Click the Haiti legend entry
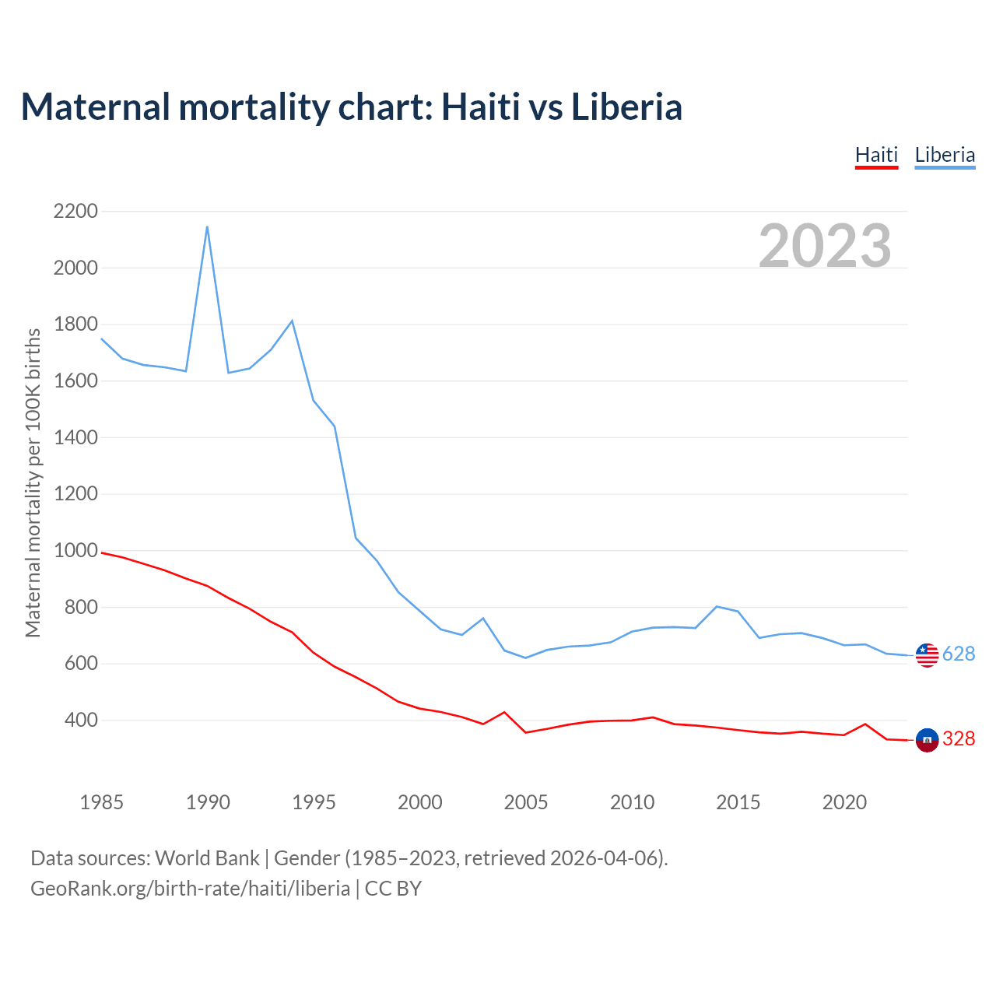[x=876, y=156]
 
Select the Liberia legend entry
[x=945, y=156]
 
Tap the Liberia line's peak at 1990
[x=207, y=226]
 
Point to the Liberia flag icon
[x=927, y=655]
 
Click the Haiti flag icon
[x=927, y=740]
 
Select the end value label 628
[x=959, y=654]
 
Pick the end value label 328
[x=959, y=739]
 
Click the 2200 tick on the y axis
[x=76, y=212]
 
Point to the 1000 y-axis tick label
[x=76, y=551]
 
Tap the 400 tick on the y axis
[x=82, y=721]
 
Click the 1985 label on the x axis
[x=102, y=802]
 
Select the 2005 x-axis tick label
[x=526, y=802]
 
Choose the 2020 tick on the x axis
[x=844, y=802]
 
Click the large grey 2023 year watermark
[x=825, y=246]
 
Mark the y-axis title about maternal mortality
[x=33, y=482]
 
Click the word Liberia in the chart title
[x=626, y=107]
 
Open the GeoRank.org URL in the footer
[x=191, y=889]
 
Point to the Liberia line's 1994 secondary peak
[x=292, y=321]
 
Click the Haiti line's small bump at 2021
[x=865, y=724]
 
